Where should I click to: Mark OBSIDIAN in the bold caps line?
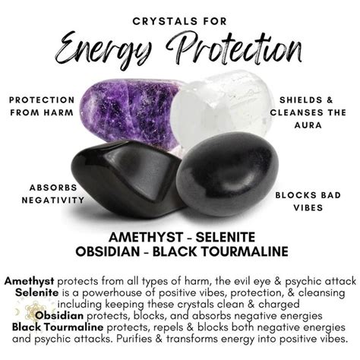(118, 251)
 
